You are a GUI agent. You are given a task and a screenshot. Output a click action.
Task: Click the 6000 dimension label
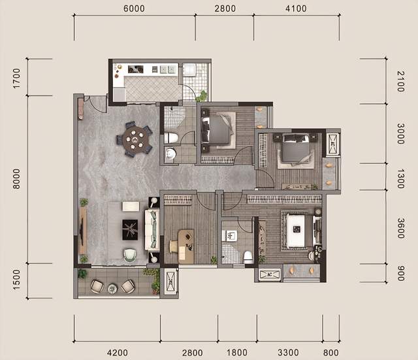coord(134,8)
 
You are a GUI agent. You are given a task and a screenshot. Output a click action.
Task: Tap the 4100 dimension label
coord(296,8)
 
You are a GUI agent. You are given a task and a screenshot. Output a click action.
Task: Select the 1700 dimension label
coord(16,78)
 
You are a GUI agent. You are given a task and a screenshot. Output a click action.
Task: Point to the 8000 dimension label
coord(16,178)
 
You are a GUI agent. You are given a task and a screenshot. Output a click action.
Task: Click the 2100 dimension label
coord(400,81)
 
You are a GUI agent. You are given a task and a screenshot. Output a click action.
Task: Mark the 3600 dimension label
coord(400,228)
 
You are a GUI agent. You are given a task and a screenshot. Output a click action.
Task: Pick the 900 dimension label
coord(400,273)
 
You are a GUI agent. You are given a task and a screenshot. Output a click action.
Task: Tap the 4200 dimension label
coord(118,353)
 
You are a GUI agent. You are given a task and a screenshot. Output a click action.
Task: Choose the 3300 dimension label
coord(288,353)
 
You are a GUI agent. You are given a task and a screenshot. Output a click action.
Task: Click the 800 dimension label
coord(331,353)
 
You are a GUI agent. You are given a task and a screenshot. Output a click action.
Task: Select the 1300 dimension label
coord(400,178)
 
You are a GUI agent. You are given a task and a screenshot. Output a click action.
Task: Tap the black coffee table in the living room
coord(130,229)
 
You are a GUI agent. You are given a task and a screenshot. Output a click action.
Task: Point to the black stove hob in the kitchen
coord(135,69)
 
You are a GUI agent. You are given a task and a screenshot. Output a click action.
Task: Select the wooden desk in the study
coord(185,246)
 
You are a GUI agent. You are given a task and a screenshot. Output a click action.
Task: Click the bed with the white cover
coord(296,231)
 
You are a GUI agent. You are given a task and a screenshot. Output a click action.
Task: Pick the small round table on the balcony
coord(112,288)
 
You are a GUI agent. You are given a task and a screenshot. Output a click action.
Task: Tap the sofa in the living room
coord(152,230)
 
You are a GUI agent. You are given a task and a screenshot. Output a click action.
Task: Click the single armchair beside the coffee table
coord(131,255)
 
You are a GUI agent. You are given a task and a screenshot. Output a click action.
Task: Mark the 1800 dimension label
coord(237,353)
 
